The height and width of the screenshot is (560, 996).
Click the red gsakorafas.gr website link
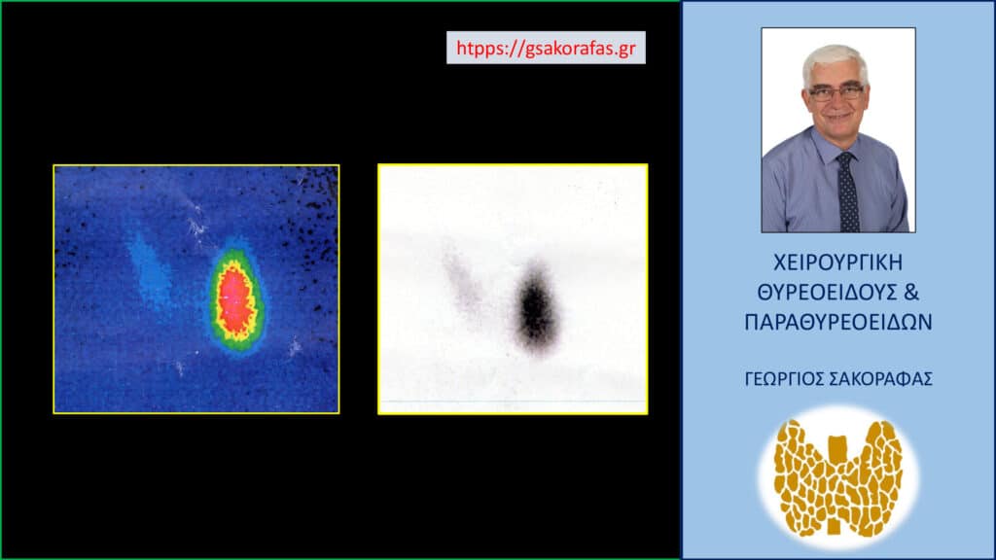[x=546, y=49]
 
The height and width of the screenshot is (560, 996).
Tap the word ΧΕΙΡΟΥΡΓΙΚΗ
[x=837, y=262]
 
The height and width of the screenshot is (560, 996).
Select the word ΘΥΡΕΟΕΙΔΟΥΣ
[x=827, y=292]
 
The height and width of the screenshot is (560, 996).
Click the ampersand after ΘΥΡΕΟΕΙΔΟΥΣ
[x=911, y=292]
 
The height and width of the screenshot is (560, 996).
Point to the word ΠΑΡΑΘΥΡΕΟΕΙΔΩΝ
[x=837, y=322]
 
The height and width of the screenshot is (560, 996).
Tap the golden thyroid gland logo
[x=837, y=477]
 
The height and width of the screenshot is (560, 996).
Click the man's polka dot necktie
[x=847, y=192]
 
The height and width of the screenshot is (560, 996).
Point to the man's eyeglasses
[x=836, y=93]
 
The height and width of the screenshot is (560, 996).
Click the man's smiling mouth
[x=838, y=117]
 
